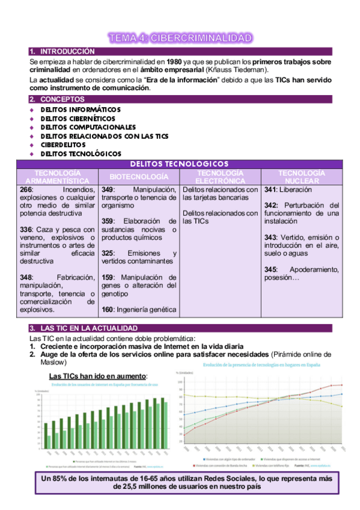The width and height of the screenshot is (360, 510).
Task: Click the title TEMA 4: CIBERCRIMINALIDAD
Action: click(x=180, y=38)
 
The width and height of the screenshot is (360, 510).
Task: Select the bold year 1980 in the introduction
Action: click(x=174, y=61)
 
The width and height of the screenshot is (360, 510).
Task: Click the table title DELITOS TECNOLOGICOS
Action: click(x=179, y=164)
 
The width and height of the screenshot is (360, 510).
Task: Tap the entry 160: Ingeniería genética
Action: click(x=138, y=310)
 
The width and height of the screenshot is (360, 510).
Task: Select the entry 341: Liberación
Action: click(x=284, y=189)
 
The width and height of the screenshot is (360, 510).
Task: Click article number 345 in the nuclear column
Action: click(x=271, y=269)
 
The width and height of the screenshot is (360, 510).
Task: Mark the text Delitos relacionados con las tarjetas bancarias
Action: click(x=220, y=193)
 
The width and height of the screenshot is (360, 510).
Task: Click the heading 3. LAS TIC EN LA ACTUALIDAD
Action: click(x=80, y=328)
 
